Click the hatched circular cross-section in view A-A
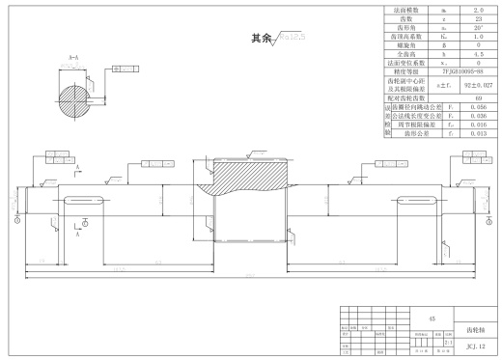[75, 97]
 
